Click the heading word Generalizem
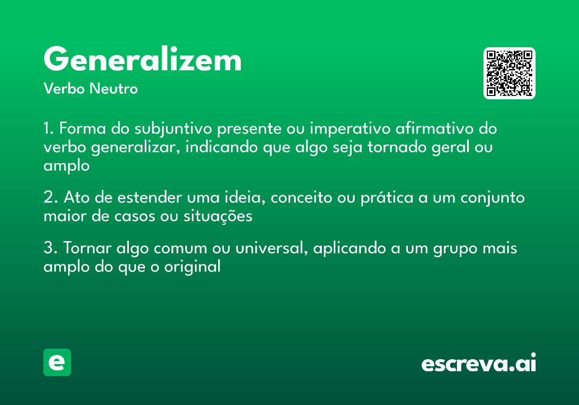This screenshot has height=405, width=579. [x=142, y=60]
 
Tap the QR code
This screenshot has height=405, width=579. [x=510, y=73]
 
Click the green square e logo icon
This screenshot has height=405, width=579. [x=57, y=362]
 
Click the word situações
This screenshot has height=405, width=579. [x=218, y=216]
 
